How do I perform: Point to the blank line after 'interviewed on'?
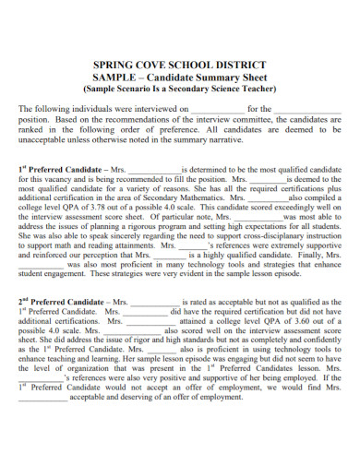(219, 109)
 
